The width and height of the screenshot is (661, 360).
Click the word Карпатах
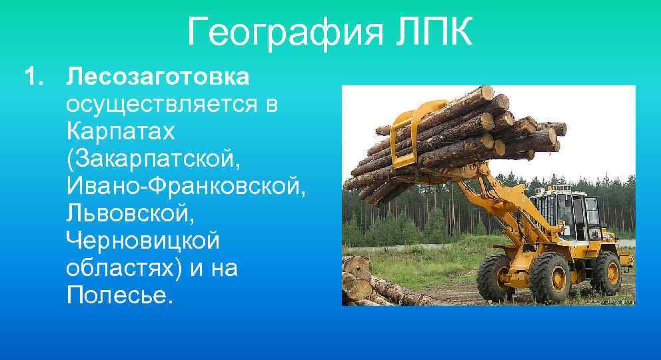pos(121,131)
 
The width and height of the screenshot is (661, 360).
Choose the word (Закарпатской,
pos(151,159)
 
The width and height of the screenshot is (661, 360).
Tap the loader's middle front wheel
pos(548,277)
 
